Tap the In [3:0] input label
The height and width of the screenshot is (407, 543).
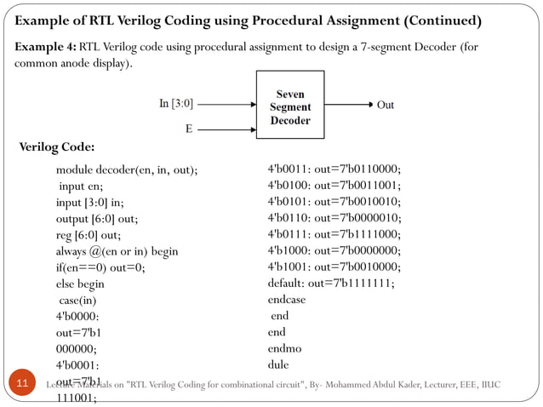[176, 104]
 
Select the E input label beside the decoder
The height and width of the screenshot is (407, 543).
[188, 129]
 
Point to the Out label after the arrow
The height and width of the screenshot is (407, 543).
[386, 105]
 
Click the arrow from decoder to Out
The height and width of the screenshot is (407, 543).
[347, 105]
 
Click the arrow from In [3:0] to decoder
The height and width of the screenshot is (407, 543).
[226, 104]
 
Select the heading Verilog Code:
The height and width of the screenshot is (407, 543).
[56, 148]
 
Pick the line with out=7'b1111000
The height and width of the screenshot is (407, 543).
[334, 234]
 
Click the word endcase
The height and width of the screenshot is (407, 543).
[287, 300]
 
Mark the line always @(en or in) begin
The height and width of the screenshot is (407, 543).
[117, 251]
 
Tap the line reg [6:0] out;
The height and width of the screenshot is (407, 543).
[89, 235]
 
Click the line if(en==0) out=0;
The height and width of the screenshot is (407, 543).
[100, 267]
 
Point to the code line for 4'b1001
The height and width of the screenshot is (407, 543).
[334, 267]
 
